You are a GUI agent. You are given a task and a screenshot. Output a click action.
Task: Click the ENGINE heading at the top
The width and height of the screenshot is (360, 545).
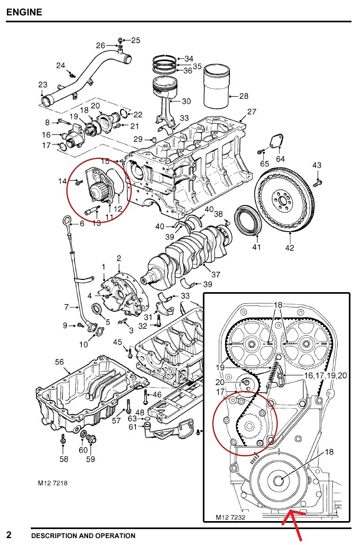[x=24, y=11]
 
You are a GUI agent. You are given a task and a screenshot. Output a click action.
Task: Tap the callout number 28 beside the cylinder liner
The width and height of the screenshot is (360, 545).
[x=244, y=96]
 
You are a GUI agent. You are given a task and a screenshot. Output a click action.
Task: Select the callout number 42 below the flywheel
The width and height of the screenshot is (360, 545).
[x=289, y=248]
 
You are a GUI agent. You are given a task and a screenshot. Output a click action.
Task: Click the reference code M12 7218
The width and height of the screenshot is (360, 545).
[x=53, y=483]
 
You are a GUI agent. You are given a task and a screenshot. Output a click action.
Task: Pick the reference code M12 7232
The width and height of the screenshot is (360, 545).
[x=230, y=516]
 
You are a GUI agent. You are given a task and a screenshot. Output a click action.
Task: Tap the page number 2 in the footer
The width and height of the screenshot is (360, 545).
[x=9, y=534]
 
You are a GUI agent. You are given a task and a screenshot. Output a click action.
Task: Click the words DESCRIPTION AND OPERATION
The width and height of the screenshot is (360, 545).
[x=83, y=535]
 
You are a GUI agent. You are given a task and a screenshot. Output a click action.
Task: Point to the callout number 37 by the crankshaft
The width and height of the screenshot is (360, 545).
[x=216, y=275]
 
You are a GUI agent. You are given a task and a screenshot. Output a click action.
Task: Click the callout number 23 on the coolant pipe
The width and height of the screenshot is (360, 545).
[x=43, y=84]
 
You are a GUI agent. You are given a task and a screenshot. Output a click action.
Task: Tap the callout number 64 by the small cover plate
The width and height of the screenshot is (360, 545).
[x=280, y=158]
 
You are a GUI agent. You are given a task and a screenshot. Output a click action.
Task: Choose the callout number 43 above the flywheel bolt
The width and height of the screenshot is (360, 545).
[x=317, y=166]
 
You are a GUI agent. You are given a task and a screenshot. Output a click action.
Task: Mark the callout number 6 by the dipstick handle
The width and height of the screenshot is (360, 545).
[x=82, y=224]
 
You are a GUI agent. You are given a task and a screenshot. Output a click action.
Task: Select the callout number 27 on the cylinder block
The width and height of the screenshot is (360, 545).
[x=252, y=112]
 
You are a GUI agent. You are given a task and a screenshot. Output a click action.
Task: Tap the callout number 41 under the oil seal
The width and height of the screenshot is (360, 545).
[x=257, y=246]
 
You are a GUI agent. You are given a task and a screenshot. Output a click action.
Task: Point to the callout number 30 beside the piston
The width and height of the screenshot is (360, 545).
[x=186, y=101]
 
